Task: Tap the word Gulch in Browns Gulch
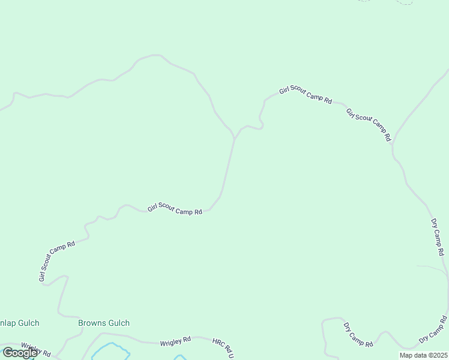point(118,323)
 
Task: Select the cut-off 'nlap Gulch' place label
point(20,323)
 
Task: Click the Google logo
point(19,352)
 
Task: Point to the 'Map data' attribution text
point(416,355)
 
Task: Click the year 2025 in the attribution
point(439,355)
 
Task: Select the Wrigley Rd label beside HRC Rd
point(175,341)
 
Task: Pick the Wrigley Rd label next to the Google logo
point(36,349)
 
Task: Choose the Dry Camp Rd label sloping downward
point(358,335)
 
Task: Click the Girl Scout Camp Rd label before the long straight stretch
point(175,209)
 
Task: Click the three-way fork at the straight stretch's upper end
point(234,139)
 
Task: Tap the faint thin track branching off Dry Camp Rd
point(430,267)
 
